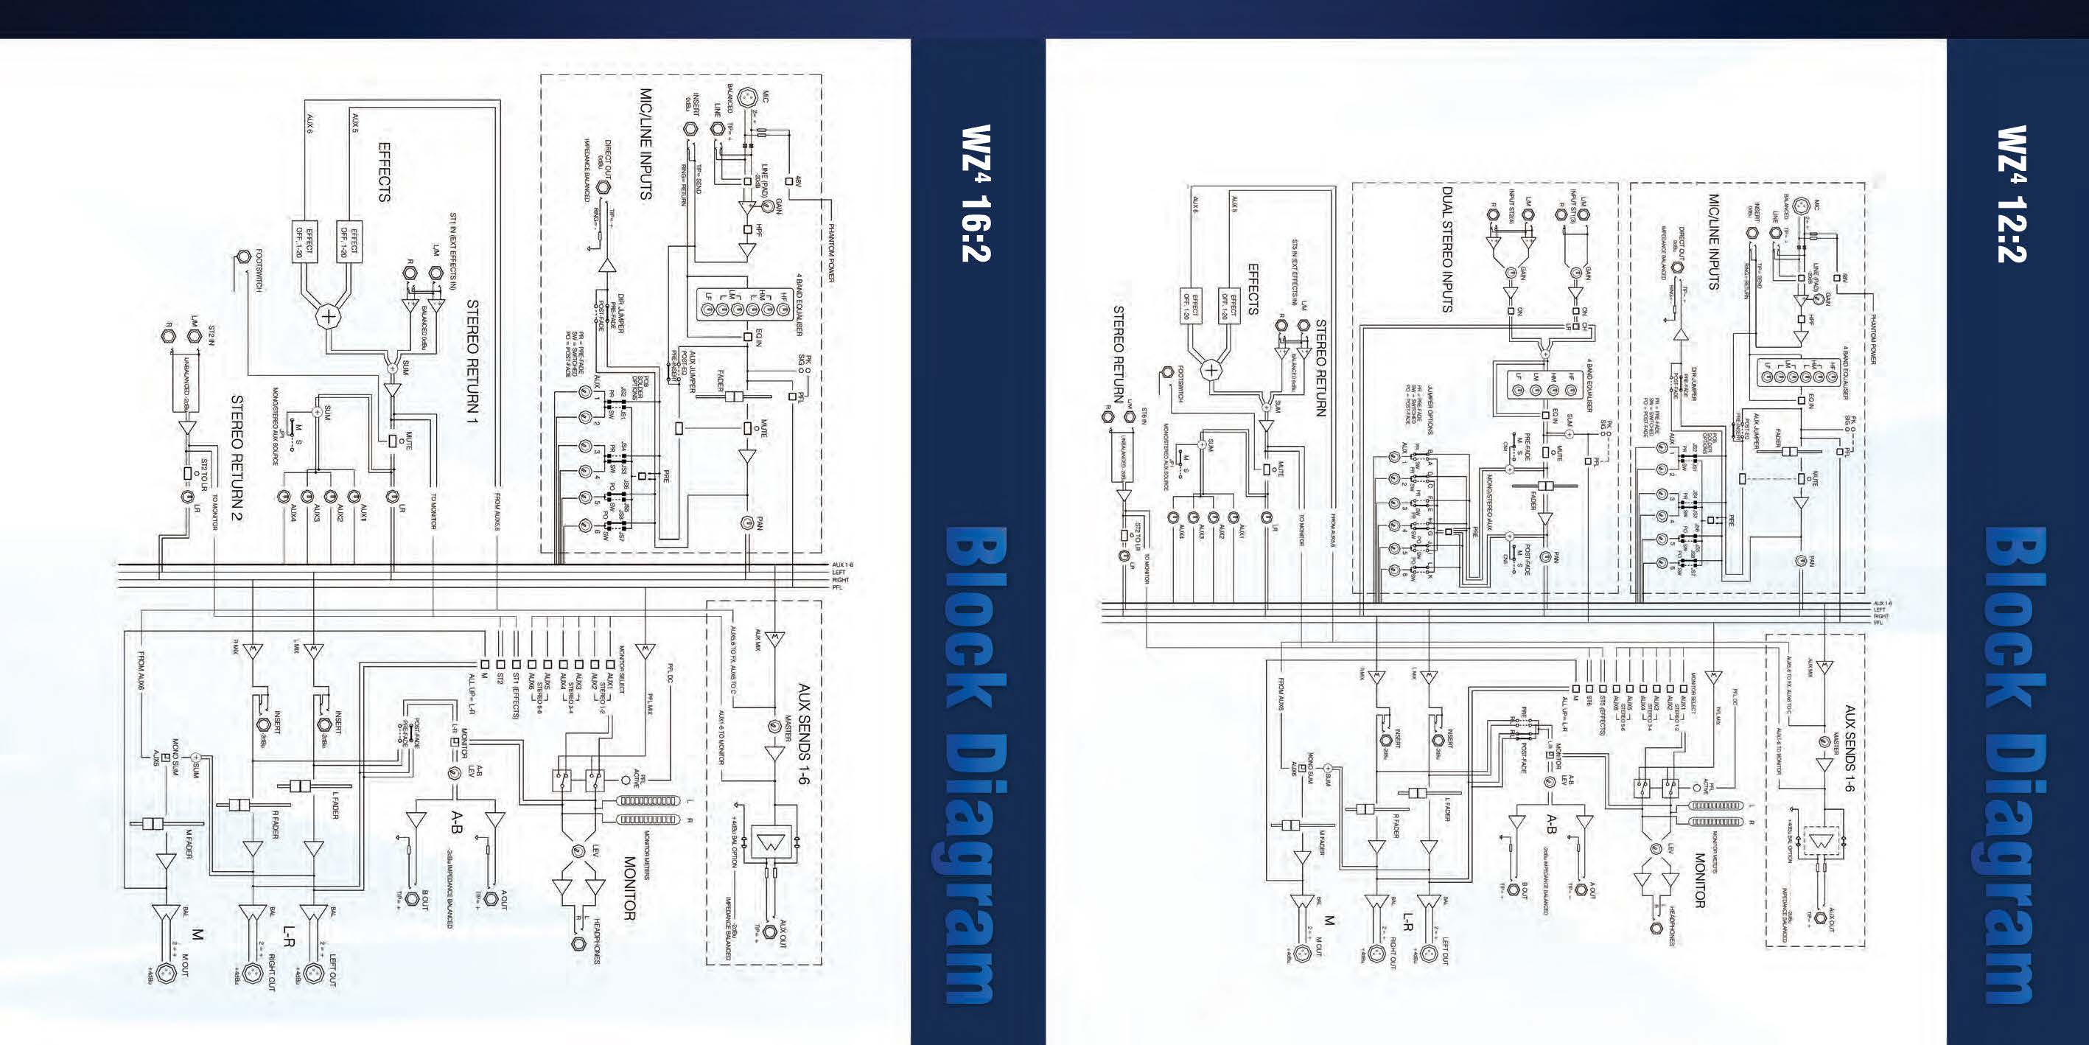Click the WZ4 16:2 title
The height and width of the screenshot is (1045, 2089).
[976, 193]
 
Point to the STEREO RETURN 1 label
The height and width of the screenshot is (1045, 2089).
[473, 365]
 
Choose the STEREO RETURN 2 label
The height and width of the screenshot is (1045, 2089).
[237, 458]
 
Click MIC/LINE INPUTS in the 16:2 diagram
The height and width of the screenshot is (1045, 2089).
[646, 144]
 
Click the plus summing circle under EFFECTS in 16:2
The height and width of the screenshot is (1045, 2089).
[329, 316]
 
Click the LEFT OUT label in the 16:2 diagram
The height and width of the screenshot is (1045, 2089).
[332, 971]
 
